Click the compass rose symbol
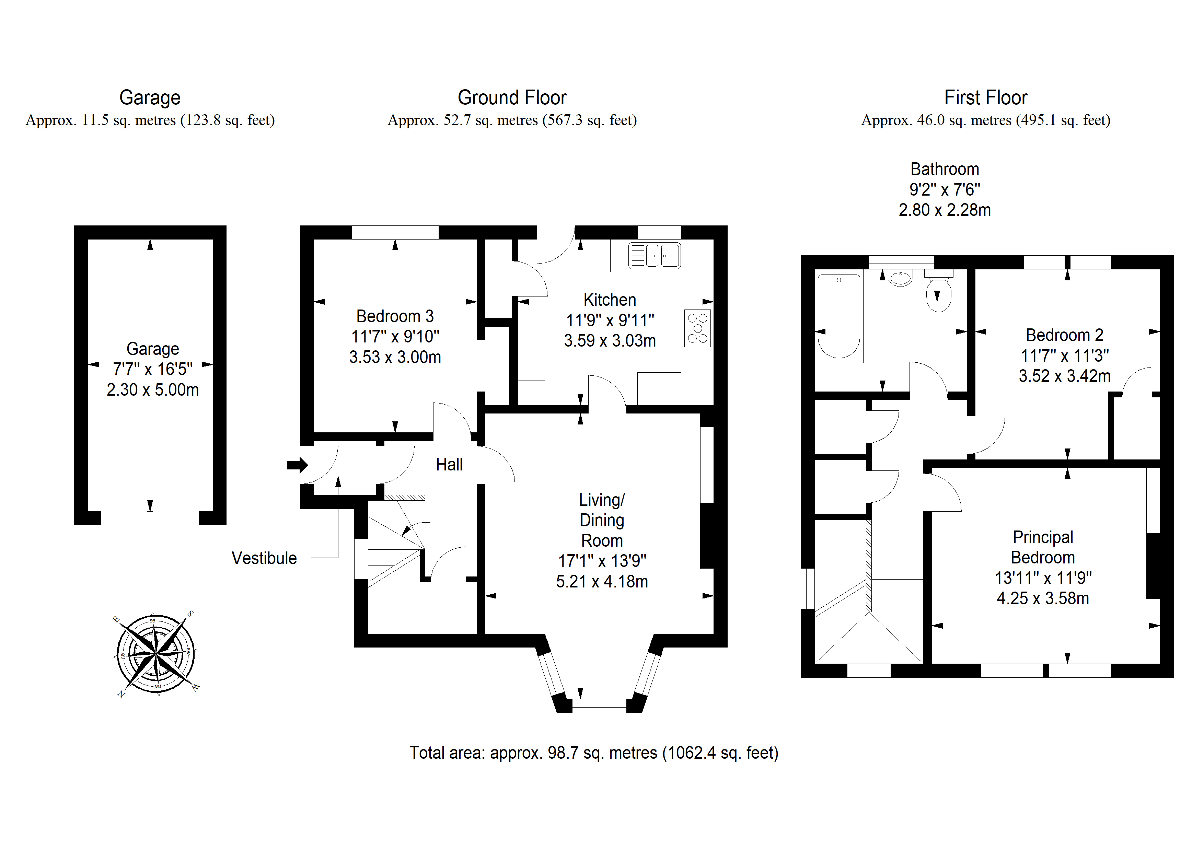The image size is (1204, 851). coord(156,654)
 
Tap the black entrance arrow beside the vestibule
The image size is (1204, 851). coord(297,465)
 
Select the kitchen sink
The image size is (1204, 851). coord(655,256)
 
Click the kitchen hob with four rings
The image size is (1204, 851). coord(697,328)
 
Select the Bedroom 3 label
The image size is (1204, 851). coord(395,316)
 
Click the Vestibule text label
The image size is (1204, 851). coord(264,558)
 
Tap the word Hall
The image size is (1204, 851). coord(449,465)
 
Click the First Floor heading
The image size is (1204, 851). coord(986,97)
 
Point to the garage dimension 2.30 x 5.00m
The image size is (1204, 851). coord(153,389)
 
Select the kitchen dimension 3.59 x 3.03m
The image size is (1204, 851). coord(610,341)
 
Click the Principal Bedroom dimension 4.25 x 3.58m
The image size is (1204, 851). coord(1043,598)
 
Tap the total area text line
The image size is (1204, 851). coord(594,753)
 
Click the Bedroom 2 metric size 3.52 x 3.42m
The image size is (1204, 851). coord(1065,376)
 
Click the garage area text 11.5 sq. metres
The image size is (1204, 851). coord(129,120)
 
